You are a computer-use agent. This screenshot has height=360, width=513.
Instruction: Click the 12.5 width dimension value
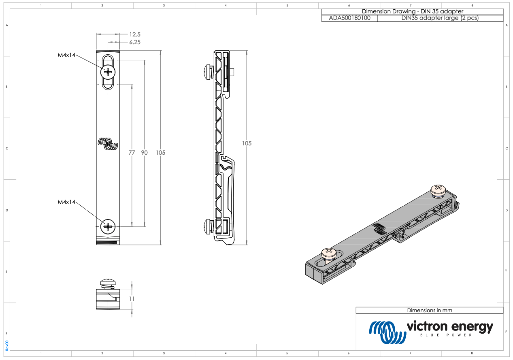click(135, 34)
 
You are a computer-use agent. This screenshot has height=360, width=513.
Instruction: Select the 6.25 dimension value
click(135, 42)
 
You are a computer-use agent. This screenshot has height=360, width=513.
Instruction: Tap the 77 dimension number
click(132, 153)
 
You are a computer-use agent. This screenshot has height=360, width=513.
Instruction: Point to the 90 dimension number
click(144, 153)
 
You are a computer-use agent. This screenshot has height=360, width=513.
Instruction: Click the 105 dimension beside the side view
click(247, 143)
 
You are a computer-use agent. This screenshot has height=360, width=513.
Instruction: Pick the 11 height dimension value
click(132, 298)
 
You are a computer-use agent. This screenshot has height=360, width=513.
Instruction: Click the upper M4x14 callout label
click(66, 55)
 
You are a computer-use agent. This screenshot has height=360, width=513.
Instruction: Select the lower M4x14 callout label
click(66, 202)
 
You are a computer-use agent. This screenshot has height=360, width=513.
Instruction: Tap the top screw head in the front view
click(108, 72)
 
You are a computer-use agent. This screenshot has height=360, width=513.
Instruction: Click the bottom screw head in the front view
click(108, 227)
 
